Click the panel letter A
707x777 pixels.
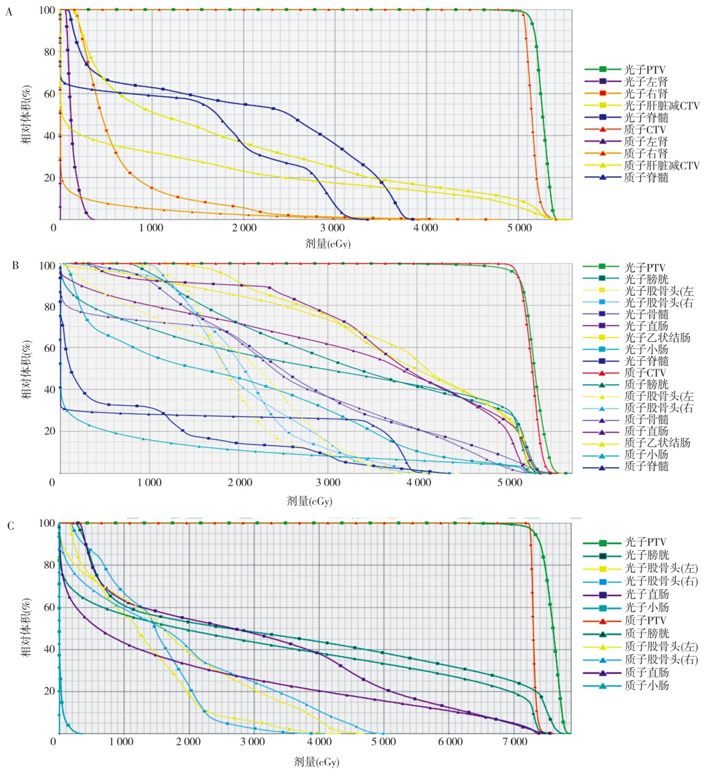pos(9,12)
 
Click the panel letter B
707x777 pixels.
pos(16,265)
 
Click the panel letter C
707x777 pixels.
pos(11,526)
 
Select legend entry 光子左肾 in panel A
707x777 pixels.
pos(645,82)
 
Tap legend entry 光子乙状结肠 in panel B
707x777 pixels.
pos(657,338)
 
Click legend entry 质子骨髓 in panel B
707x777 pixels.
pos(646,419)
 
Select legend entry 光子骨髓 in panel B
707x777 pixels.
pos(646,314)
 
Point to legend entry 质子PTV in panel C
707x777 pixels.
pos(645,620)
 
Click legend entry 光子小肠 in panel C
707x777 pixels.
pos(646,608)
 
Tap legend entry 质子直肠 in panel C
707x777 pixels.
pos(646,673)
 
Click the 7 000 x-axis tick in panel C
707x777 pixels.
pos(515,742)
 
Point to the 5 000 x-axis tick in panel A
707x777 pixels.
pos(519,228)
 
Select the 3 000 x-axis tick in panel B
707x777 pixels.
pos(328,482)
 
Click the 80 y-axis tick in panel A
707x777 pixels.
pos(50,52)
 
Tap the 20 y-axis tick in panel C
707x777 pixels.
pos(50,691)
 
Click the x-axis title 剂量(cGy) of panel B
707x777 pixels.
pos(310,501)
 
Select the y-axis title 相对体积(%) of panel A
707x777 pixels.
pos(26,115)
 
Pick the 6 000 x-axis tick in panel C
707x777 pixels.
pos(450,742)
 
